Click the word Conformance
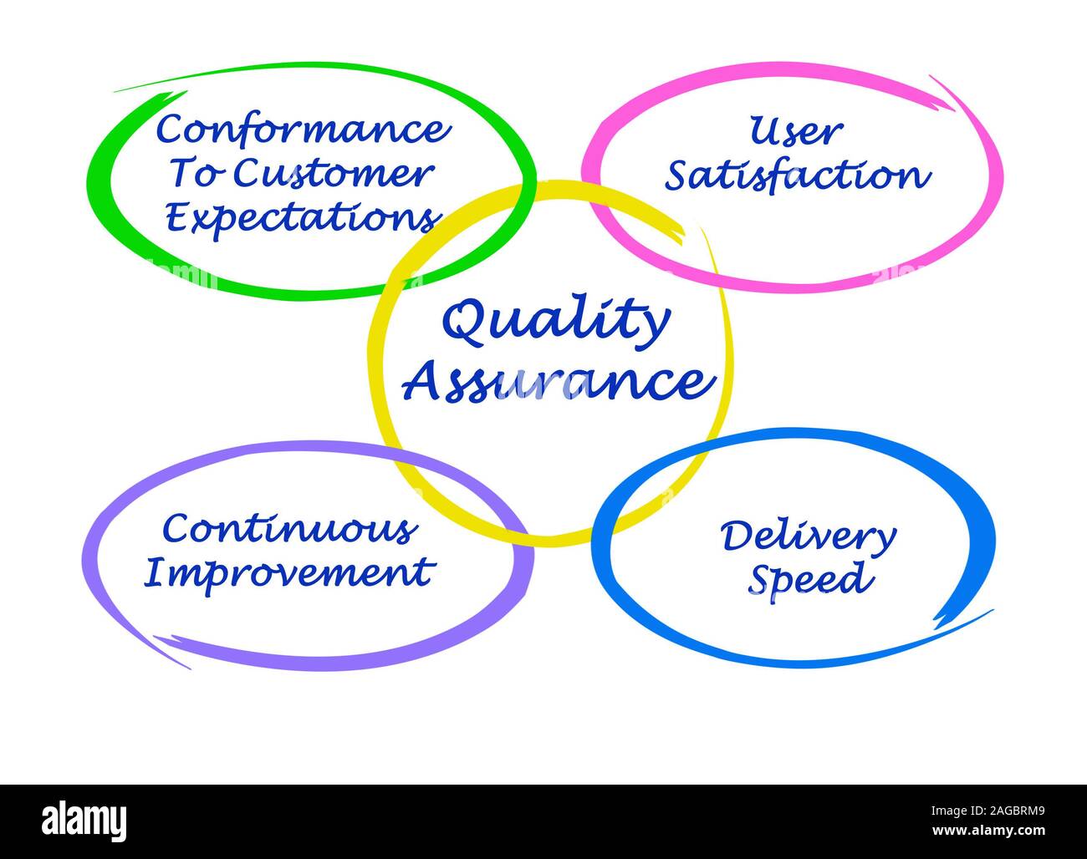(304, 130)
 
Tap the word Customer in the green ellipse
(332, 174)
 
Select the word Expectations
(303, 217)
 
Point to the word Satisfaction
(797, 175)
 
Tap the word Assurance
(559, 382)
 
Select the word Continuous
(289, 529)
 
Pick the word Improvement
(288, 573)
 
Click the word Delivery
(809, 537)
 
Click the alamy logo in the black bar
(84, 821)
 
